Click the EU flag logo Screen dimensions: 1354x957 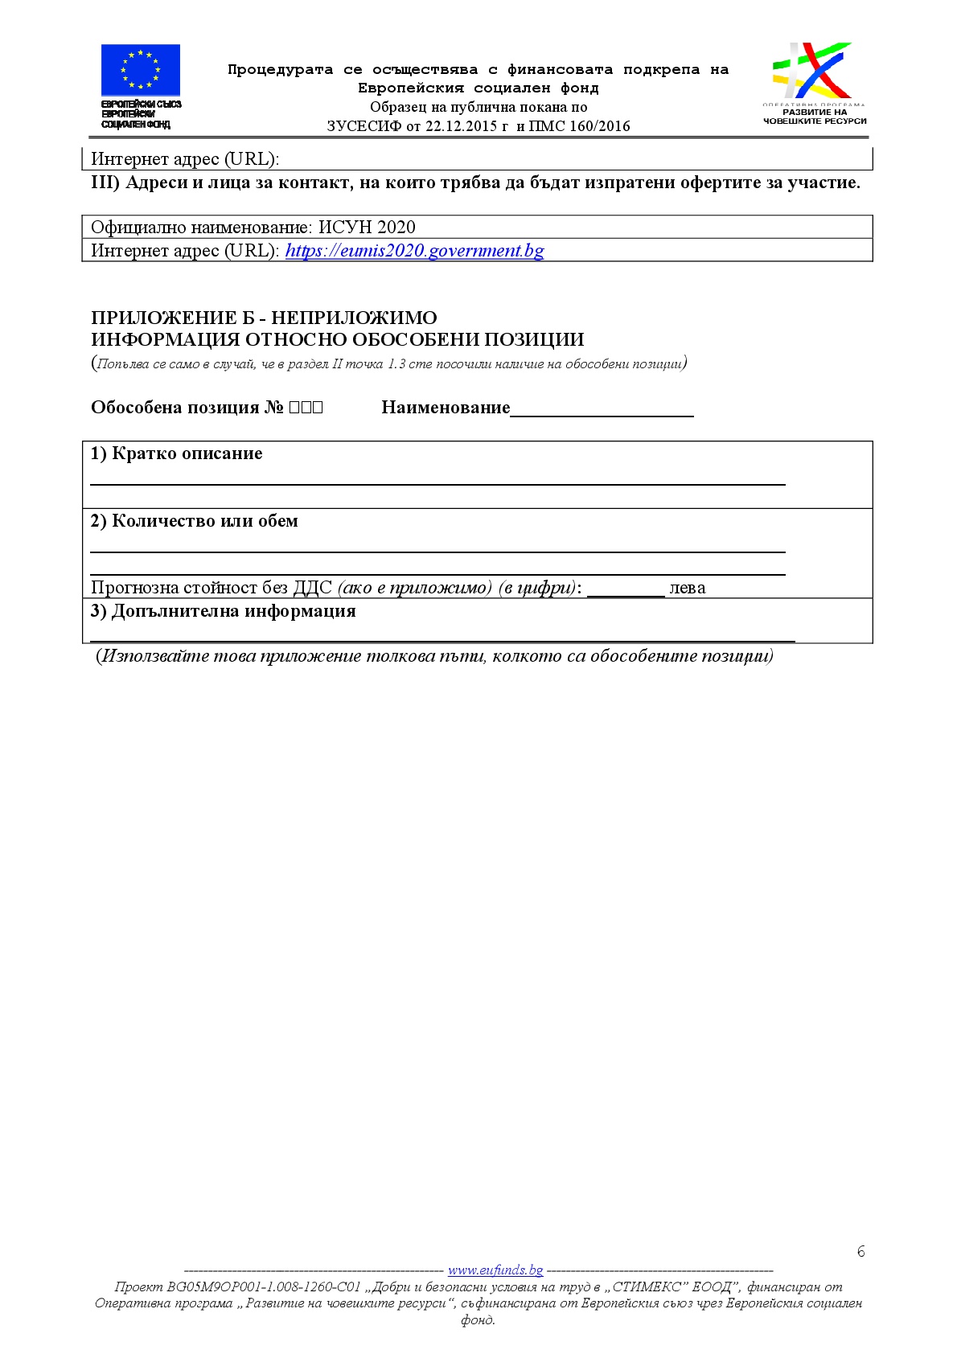[140, 70]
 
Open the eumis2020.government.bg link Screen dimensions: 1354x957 [414, 251]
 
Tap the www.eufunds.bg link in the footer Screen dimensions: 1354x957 [495, 1270]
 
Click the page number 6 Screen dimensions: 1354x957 [860, 1251]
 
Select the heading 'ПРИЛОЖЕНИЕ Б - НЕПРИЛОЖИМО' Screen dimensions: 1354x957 [264, 318]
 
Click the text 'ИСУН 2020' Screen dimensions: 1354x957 [367, 228]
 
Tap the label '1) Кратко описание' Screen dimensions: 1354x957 [176, 453]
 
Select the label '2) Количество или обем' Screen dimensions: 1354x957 [194, 521]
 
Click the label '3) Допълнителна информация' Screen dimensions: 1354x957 [223, 611]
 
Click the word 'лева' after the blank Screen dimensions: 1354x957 [687, 588]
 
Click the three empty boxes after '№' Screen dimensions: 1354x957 [306, 408]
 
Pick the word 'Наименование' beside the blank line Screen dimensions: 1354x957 [446, 408]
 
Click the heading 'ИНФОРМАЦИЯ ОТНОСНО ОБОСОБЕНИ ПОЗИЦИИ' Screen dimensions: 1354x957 [337, 340]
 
